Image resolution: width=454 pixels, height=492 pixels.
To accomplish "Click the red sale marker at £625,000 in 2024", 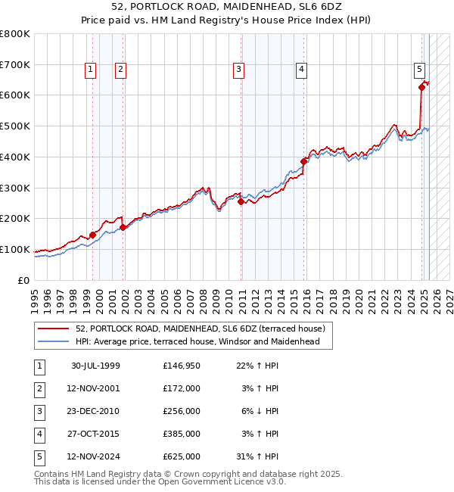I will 422,87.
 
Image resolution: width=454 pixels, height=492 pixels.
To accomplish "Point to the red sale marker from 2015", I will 304,161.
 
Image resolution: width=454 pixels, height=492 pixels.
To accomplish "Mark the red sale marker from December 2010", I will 241,201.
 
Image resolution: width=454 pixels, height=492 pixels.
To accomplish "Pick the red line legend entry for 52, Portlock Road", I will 200,329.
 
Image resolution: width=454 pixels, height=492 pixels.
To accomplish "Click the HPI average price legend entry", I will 197,341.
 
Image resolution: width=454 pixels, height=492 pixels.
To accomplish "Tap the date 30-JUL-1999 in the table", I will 95,366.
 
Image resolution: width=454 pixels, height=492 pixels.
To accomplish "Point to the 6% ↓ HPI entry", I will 263,411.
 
